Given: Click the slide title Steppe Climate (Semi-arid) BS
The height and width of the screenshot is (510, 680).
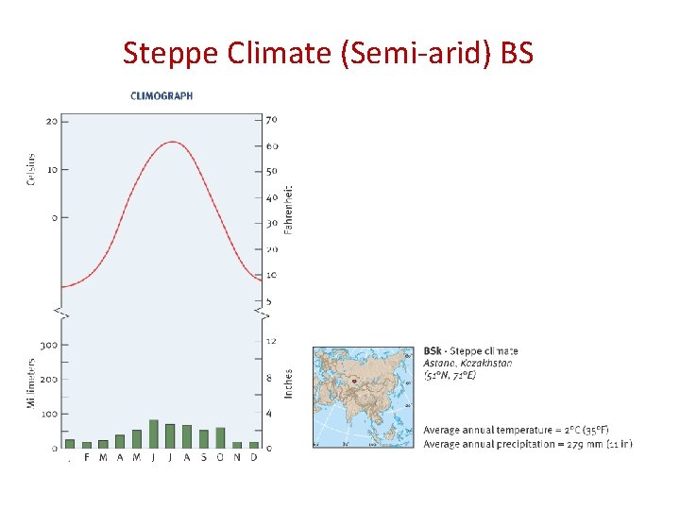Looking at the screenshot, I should coord(328,53).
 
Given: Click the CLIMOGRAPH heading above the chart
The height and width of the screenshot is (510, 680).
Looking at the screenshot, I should coord(161,95).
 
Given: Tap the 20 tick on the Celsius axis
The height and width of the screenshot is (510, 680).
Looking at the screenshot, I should coord(50,121).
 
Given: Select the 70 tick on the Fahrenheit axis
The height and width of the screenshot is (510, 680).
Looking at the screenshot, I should coord(272,120).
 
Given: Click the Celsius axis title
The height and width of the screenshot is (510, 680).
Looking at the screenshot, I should coord(31,169).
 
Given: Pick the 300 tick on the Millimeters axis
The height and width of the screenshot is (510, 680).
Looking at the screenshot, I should coord(48,345).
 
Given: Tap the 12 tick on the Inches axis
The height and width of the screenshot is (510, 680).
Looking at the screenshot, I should coord(271,341).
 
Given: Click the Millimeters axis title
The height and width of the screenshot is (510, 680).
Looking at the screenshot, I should coord(31,382).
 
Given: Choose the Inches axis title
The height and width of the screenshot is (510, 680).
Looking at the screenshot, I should coord(289,382).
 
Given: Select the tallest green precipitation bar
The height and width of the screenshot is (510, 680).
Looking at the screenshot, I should coord(153,433).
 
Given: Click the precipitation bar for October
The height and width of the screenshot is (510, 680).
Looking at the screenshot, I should coord(220,437).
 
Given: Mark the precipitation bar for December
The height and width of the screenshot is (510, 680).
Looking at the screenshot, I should coord(253,445).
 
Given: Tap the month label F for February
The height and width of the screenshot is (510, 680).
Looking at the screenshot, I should coord(87,458).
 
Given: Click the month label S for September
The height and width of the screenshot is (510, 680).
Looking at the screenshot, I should coord(203,458).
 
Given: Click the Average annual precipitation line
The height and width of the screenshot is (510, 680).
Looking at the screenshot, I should coord(527,444).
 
